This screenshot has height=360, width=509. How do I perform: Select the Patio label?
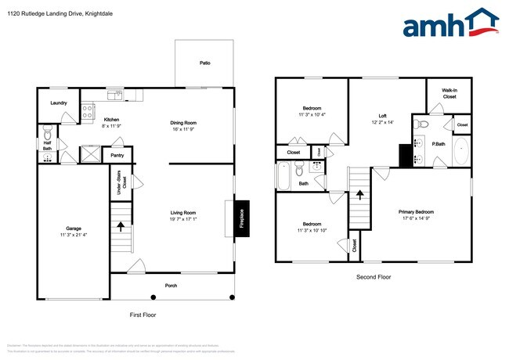204,63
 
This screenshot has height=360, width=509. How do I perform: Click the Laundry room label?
58,103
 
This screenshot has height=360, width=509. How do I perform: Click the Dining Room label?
183,122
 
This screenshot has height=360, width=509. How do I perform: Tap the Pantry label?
117,156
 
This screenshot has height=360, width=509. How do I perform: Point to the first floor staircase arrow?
121,227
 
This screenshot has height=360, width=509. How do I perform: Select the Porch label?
171,285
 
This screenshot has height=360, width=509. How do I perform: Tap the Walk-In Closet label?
449,94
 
